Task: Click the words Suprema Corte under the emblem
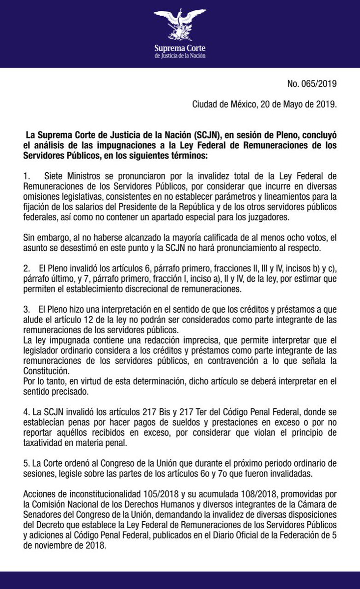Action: coord(180,48)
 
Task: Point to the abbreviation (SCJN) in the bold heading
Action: coord(208,134)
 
